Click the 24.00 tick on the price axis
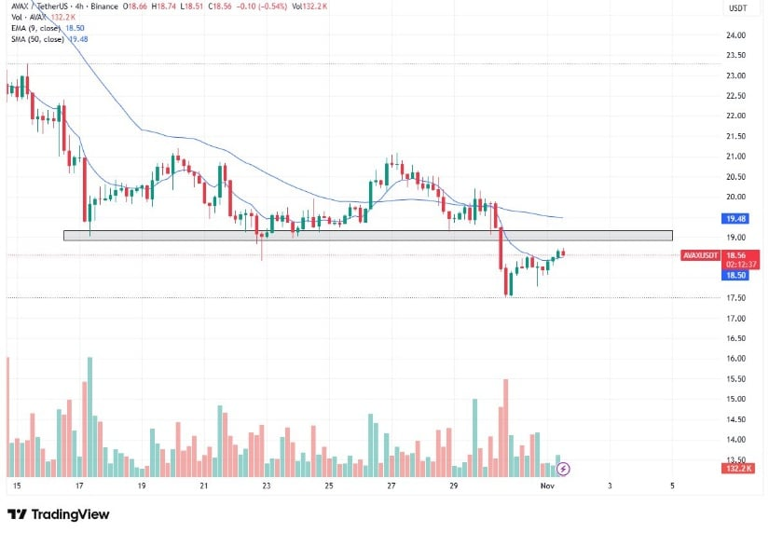(x=736, y=35)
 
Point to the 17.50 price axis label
(x=736, y=298)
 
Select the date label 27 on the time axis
(x=391, y=486)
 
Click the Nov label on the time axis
(x=548, y=486)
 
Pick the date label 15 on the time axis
(x=16, y=486)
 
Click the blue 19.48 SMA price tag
(x=736, y=218)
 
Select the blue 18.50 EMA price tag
(x=736, y=276)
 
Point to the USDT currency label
(x=736, y=8)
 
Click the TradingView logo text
(x=70, y=514)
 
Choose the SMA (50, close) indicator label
(x=38, y=41)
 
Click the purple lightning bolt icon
(x=563, y=468)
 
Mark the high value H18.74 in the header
(x=165, y=7)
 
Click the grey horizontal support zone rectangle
(x=367, y=236)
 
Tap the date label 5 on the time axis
(x=672, y=486)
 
